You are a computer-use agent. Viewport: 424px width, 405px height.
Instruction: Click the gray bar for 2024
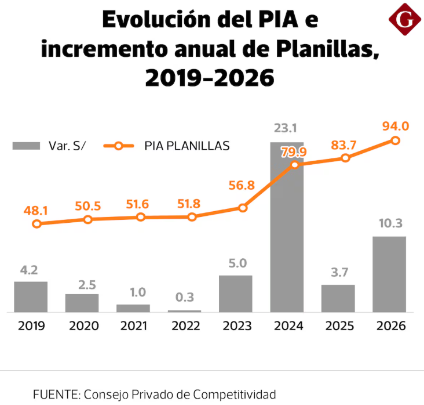(287, 227)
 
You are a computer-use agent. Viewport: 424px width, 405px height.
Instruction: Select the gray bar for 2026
(389, 274)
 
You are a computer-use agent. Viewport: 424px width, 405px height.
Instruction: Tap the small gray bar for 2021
(133, 308)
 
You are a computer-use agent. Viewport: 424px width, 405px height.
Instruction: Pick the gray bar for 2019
(31, 297)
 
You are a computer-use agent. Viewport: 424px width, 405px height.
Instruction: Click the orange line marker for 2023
(243, 208)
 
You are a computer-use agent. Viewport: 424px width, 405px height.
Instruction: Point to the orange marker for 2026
(396, 140)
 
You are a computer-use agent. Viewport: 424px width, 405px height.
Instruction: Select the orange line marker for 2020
(88, 219)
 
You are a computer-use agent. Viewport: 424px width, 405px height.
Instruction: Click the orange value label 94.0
(396, 126)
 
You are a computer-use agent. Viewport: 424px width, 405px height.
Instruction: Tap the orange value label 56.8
(242, 186)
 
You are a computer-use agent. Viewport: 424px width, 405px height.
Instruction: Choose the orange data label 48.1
(36, 211)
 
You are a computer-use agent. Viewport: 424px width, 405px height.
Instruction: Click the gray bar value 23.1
(286, 128)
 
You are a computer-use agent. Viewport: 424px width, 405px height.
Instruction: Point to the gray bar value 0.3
(185, 297)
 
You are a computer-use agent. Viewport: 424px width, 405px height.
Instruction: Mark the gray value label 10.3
(390, 223)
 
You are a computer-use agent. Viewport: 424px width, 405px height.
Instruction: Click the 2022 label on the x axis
(186, 326)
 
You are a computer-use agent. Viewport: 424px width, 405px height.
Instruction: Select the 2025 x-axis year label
(339, 326)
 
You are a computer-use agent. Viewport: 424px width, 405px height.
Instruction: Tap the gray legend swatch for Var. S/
(26, 146)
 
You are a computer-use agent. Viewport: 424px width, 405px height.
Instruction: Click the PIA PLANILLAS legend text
(187, 146)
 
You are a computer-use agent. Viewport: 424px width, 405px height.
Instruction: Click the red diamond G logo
(405, 19)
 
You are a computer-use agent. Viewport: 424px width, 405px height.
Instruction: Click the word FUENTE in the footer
(57, 395)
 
